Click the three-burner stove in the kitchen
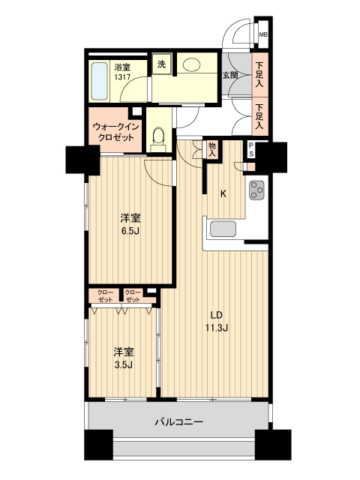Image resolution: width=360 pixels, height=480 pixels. pos(258,191)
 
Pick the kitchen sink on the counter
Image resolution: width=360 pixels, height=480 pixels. pos(223,229)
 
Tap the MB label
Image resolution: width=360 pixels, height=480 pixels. pos(262,34)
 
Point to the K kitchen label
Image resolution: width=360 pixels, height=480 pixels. pos(223,193)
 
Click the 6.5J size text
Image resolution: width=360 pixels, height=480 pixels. pos(130,232)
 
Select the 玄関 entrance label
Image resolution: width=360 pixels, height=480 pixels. pos(229,75)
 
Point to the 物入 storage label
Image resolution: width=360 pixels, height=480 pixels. pos(212,149)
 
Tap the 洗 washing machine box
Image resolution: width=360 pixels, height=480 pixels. pos(161,64)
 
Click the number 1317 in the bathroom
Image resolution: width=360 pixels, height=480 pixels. pos(122,76)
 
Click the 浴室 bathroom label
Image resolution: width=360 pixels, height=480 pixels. pos(122,66)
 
